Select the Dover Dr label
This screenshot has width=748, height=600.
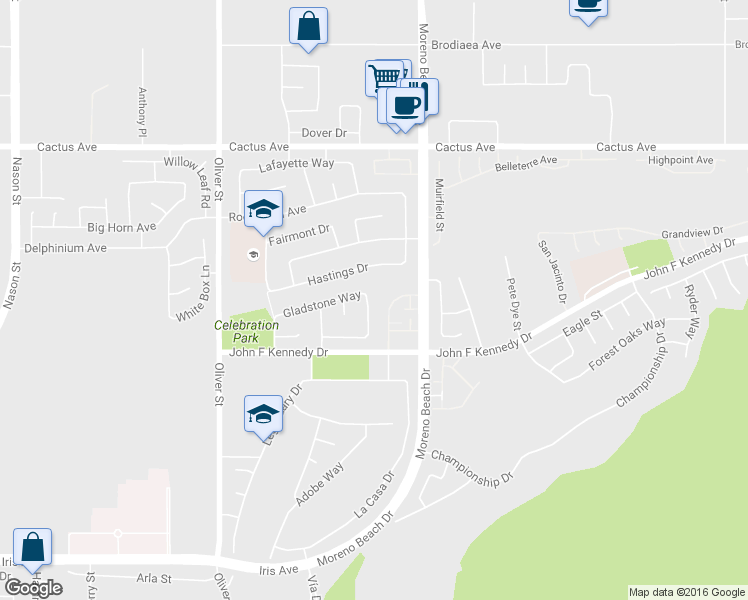[324, 132]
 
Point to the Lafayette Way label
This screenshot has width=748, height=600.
[296, 164]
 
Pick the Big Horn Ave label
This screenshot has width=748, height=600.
[122, 227]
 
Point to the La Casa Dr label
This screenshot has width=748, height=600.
[374, 494]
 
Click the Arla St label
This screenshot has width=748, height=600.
[154, 578]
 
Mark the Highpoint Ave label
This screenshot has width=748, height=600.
[680, 160]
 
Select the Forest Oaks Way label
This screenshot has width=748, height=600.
[627, 345]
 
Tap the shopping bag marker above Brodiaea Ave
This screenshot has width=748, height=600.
[308, 25]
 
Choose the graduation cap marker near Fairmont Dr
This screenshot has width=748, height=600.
[262, 209]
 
